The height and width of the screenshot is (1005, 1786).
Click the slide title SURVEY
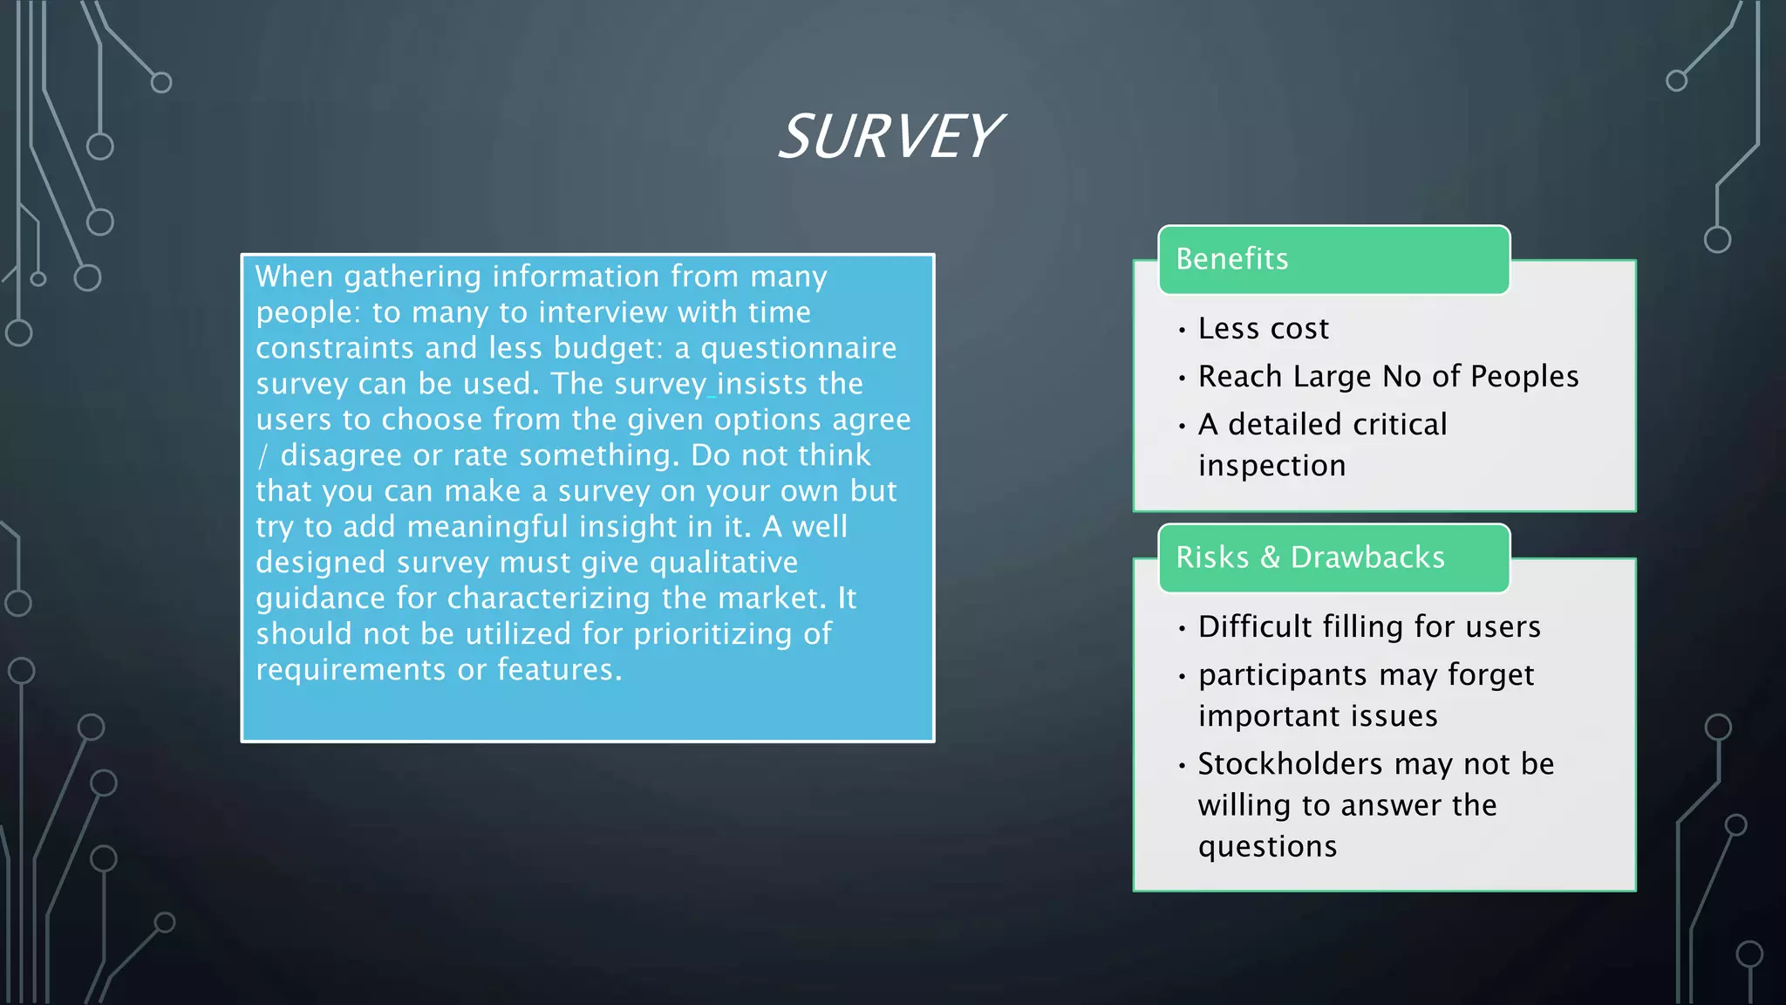(890, 137)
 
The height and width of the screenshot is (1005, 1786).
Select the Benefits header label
(1231, 259)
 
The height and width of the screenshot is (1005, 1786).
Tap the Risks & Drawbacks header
(1310, 557)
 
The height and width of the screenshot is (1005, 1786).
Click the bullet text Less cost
(1263, 329)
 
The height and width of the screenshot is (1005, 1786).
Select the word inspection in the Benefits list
(1271, 466)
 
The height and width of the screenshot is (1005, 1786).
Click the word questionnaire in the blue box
(798, 348)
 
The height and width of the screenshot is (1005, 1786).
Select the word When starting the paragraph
(294, 277)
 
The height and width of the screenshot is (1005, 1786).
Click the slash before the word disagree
(262, 456)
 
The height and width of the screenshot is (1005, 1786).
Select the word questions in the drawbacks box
(1267, 847)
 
